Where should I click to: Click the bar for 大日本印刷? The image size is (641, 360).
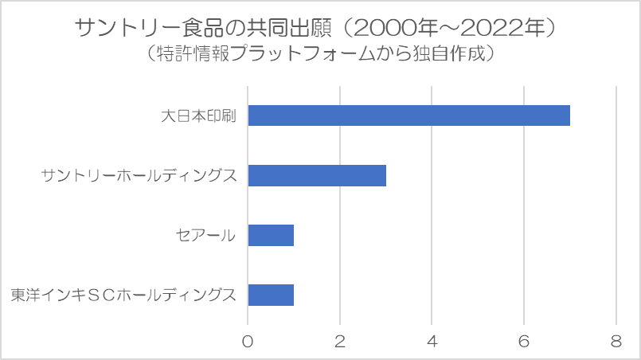click(x=408, y=115)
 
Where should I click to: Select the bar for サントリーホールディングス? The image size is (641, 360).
click(x=317, y=175)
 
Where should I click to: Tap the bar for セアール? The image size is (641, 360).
click(x=271, y=235)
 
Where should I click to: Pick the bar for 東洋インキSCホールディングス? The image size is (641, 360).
click(x=271, y=295)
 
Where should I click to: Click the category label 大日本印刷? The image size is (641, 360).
click(x=199, y=115)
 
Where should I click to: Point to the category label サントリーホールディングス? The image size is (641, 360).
click(x=139, y=175)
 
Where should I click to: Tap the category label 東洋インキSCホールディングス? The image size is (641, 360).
click(x=123, y=295)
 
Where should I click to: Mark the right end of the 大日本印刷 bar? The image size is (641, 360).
click(x=569, y=115)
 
